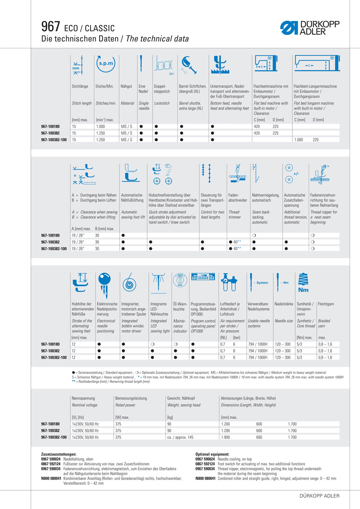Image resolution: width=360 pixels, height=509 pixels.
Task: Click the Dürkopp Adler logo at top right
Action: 310,28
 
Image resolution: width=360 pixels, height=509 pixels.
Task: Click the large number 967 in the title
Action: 51,27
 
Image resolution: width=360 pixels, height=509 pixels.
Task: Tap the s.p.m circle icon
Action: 106,63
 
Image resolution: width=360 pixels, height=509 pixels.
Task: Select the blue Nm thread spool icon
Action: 303,283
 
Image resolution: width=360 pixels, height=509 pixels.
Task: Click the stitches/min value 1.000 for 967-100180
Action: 100,127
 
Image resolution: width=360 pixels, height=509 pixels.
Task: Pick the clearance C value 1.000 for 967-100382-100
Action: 298,140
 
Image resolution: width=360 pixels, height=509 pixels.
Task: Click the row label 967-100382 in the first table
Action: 50,133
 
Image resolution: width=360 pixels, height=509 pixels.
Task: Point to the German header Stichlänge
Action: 80,86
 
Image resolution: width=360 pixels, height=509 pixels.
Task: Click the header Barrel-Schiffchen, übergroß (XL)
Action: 192,89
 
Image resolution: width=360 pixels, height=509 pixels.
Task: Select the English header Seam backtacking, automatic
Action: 261,217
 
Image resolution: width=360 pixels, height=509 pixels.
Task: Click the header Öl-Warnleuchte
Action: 180,306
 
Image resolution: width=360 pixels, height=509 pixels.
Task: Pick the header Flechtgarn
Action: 326,304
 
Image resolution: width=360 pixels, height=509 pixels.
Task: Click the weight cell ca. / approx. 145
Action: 180,437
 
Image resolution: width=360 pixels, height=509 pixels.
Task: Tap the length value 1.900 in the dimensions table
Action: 225,437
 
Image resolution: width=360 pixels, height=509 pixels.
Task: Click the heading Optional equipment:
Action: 212,454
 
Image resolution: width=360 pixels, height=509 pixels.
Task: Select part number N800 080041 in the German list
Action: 51,478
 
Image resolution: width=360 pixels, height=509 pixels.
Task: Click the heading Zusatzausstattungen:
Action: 59,454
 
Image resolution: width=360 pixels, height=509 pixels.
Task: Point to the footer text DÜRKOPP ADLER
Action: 319,496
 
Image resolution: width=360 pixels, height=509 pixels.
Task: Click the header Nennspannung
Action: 83,398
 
